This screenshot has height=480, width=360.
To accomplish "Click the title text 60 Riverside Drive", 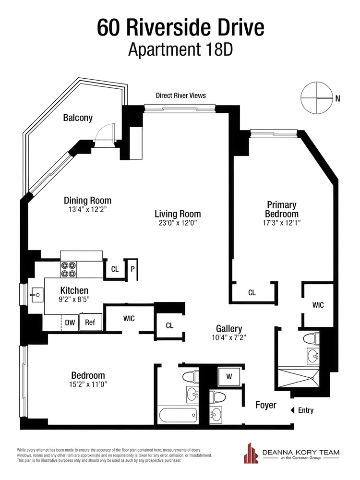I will (x=180, y=27).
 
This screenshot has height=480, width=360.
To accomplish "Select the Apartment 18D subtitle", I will (x=180, y=50).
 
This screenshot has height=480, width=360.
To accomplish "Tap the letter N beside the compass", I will (x=337, y=99).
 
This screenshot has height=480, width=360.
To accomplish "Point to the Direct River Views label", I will (x=180, y=96).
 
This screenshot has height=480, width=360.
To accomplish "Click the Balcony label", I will (x=78, y=118).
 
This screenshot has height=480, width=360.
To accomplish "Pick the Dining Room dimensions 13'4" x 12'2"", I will (x=88, y=210).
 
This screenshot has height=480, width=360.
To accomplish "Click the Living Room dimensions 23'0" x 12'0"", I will (x=177, y=223).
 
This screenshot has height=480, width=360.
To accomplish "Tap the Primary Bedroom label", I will (x=282, y=209).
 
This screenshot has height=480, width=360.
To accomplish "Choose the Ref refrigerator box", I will (x=90, y=323).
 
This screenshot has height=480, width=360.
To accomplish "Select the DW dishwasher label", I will (x=70, y=323).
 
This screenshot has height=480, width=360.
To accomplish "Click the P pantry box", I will (x=132, y=269).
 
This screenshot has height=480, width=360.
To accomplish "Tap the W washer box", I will (x=229, y=377).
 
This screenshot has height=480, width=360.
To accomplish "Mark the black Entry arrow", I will (x=292, y=410).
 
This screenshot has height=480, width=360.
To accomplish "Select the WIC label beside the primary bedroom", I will (x=318, y=305).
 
